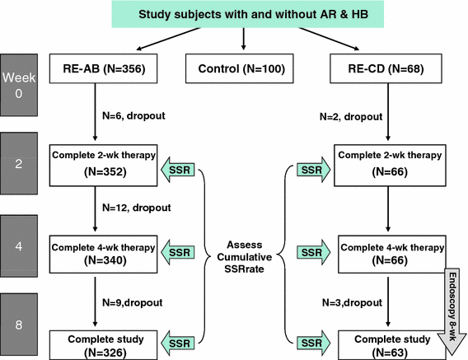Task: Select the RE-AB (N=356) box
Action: pyautogui.click(x=98, y=68)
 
